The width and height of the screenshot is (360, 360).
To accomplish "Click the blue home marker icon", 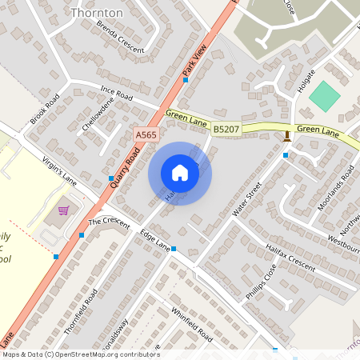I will click(180, 173).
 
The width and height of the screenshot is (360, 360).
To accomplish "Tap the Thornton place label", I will click(97, 13).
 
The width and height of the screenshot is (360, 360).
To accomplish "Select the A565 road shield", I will click(146, 136).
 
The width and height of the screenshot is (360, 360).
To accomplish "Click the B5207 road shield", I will click(226, 128).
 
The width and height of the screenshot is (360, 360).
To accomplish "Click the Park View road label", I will click(194, 61).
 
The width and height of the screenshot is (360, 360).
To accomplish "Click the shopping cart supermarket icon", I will click(63, 211).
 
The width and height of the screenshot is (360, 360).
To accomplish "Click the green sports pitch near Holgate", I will click(325, 97).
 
